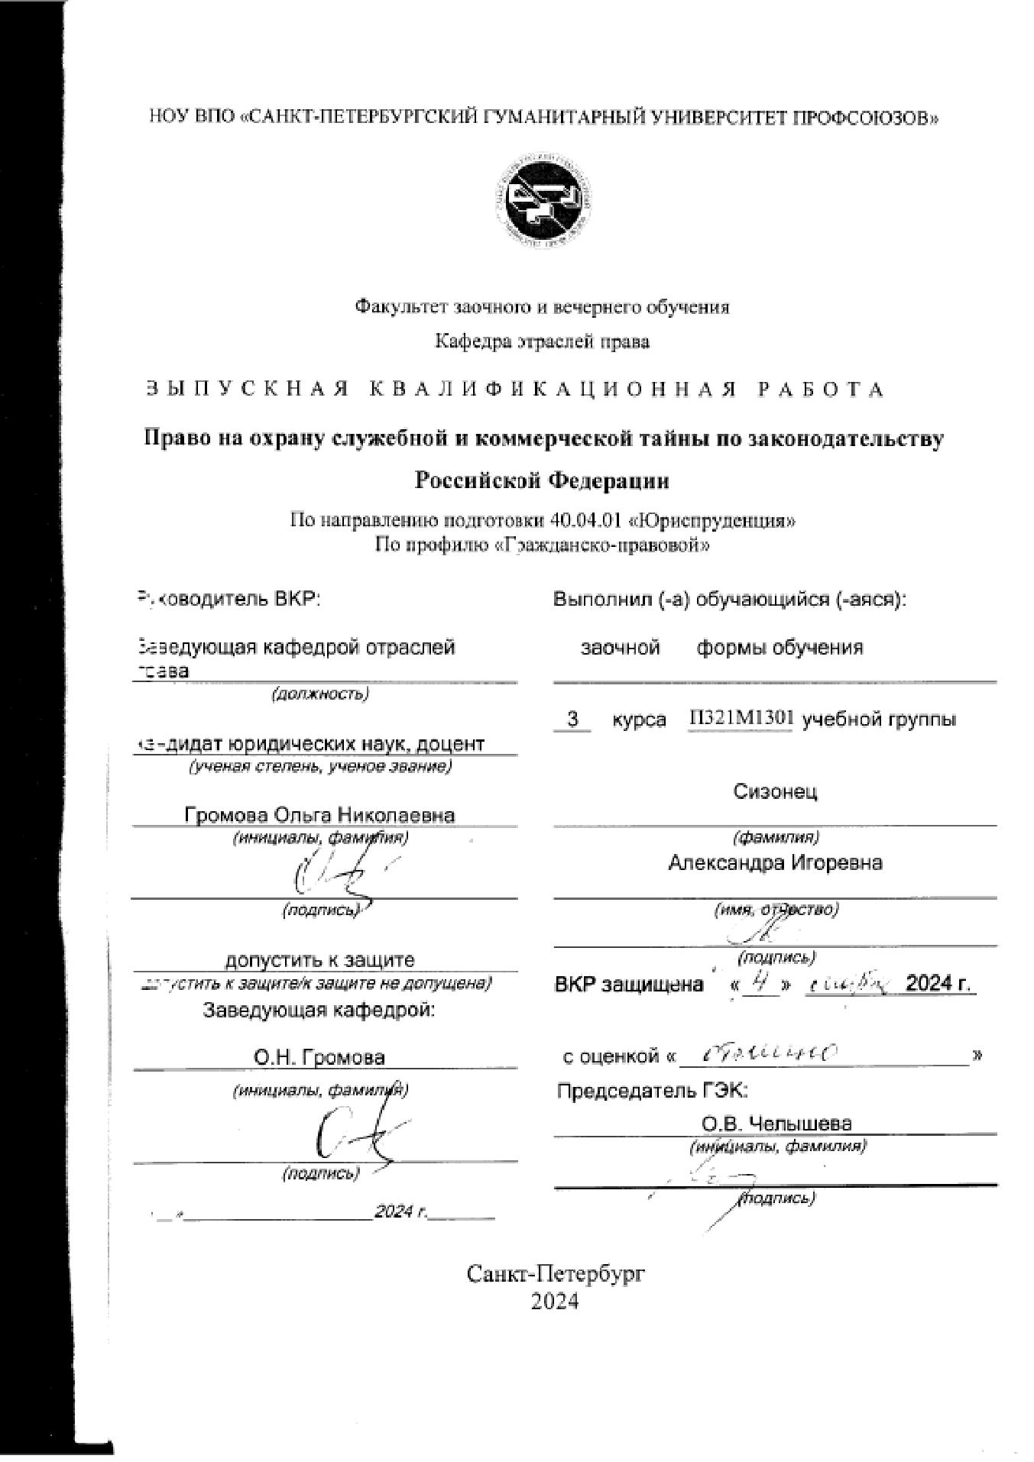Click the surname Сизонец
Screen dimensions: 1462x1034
775,791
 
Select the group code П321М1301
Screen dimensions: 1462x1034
740,719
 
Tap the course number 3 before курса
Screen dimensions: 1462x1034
572,720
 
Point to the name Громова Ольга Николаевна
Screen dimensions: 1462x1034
319,814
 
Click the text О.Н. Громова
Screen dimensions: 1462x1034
319,1057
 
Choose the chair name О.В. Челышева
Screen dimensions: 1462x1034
776,1124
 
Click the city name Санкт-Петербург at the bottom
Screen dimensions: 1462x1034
556,1273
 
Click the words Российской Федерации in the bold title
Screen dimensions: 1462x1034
542,480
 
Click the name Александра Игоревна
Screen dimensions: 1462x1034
775,863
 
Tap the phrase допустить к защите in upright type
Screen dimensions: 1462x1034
319,960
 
